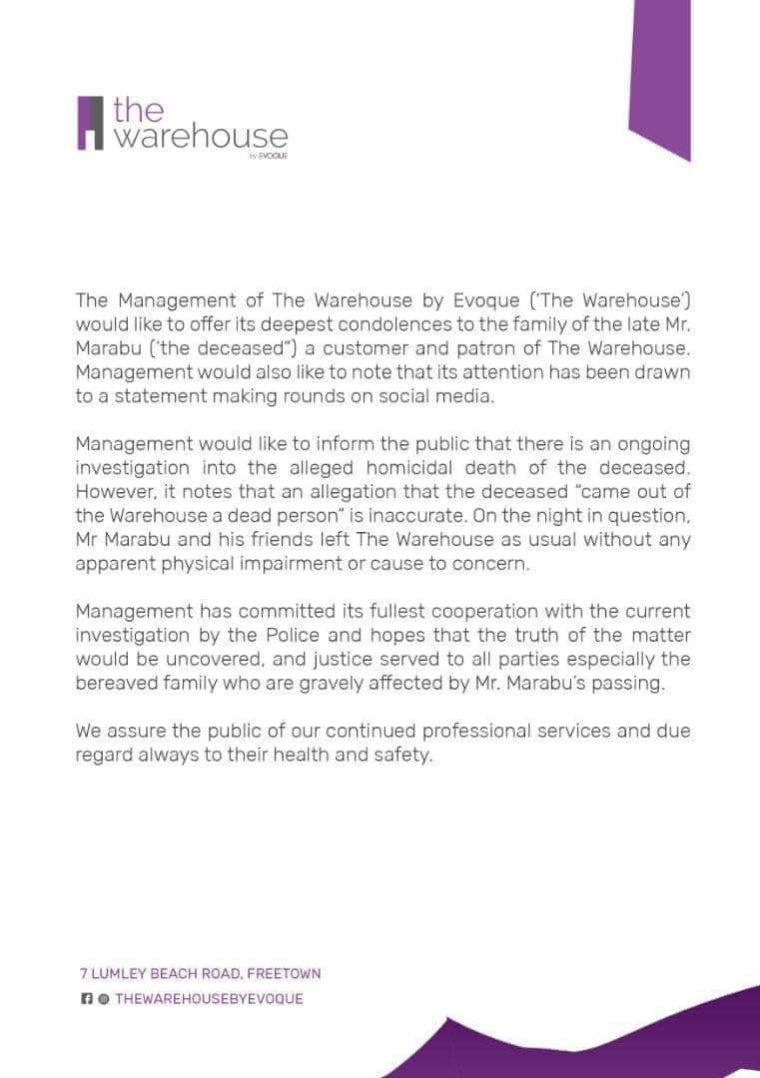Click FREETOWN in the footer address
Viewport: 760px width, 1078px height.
[x=284, y=973]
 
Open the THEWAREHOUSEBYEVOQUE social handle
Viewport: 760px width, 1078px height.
[x=209, y=998]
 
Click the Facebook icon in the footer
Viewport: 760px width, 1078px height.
[x=86, y=998]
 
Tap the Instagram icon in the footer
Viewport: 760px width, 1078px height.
[x=102, y=998]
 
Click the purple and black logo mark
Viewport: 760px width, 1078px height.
[x=90, y=123]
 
